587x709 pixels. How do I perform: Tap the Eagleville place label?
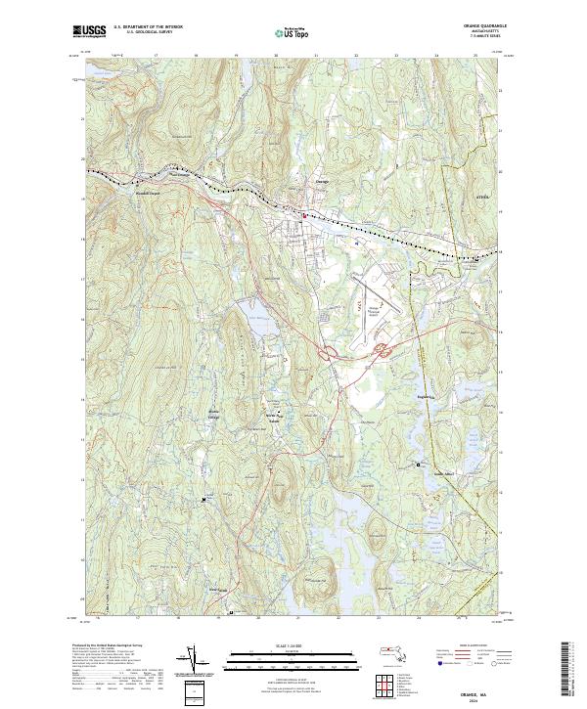click(x=424, y=398)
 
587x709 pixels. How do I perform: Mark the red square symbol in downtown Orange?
click(x=304, y=215)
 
